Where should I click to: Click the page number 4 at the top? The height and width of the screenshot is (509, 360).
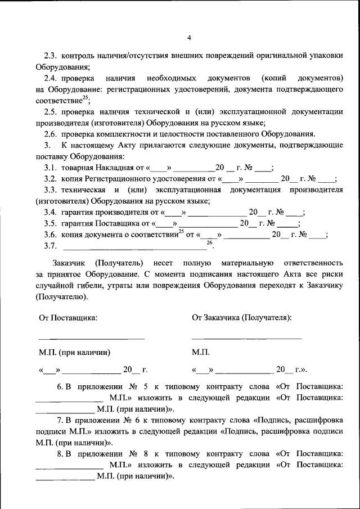(189, 38)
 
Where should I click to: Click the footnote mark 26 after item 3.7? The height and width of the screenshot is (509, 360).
(209, 242)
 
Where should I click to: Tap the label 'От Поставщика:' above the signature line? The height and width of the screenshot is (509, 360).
(68, 317)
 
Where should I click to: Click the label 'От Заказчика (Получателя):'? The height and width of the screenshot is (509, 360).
(242, 317)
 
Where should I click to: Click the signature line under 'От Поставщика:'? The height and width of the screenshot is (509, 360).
(91, 339)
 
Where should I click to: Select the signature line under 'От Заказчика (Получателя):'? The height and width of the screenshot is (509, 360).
(246, 339)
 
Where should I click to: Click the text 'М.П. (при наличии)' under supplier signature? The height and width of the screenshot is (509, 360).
(74, 353)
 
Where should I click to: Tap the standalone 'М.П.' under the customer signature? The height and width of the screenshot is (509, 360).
(201, 353)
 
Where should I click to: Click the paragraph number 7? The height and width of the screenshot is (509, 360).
(60, 421)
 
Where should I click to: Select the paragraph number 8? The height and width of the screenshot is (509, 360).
(60, 454)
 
